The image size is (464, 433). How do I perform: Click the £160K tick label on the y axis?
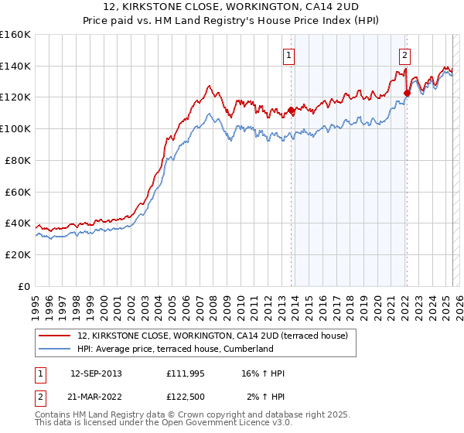[x=15, y=35]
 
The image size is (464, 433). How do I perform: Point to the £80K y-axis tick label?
[x=18, y=160]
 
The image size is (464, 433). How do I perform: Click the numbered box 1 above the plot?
[x=288, y=55]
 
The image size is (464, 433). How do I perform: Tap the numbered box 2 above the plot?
[x=404, y=55]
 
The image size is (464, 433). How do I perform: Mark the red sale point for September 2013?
[x=291, y=110]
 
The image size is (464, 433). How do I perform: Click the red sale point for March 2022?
[x=407, y=94]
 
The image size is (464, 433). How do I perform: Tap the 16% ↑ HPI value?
[x=262, y=373]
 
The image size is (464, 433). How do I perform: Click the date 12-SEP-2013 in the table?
[x=96, y=373]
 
